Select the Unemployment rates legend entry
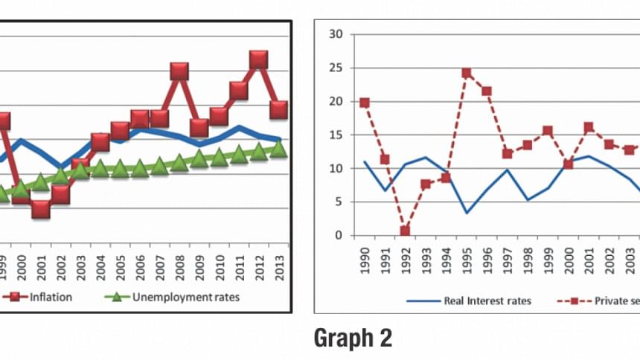[x=175, y=298]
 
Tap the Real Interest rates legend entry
[x=476, y=300]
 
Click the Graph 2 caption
[x=353, y=338]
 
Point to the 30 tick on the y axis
[x=336, y=33]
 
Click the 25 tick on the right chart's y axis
[x=336, y=68]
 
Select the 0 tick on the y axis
[x=339, y=236]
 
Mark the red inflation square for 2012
[x=258, y=60]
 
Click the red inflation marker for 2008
[x=179, y=71]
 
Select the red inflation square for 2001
[x=40, y=209]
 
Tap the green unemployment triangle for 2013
[x=278, y=149]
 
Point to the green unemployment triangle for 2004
[x=100, y=167]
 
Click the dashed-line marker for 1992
[x=405, y=231]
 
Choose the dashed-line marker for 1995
[x=467, y=73]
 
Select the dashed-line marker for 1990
[x=365, y=103]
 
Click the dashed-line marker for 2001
[x=589, y=127]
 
